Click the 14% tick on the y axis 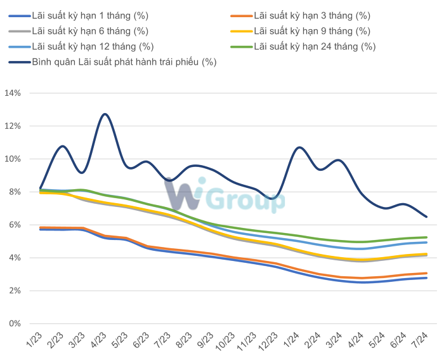click(13, 93)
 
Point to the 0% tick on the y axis click(15, 324)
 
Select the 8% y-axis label click(15, 192)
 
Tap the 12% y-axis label click(13, 126)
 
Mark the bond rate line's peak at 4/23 click(105, 114)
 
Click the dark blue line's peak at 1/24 click(299, 147)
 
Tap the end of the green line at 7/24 click(427, 237)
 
